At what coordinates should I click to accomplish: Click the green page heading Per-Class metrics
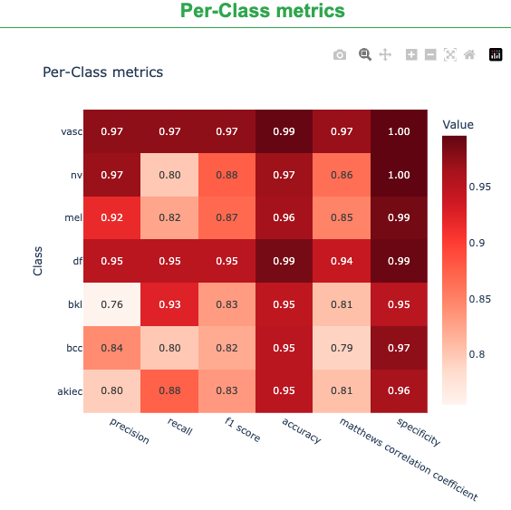click(x=262, y=12)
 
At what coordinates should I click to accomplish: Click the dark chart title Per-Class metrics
click(x=103, y=72)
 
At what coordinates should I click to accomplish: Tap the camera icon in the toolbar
click(x=340, y=54)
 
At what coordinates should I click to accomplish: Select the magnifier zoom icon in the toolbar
click(x=365, y=54)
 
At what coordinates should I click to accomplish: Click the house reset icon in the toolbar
click(x=469, y=54)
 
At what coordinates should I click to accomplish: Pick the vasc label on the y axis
click(x=72, y=131)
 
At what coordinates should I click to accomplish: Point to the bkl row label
click(x=74, y=304)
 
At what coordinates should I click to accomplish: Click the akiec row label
click(x=70, y=390)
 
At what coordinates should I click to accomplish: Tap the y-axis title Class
click(x=37, y=261)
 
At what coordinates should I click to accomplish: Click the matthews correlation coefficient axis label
click(x=407, y=458)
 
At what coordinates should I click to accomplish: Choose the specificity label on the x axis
click(x=418, y=433)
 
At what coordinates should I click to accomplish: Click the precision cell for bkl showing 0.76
click(x=112, y=304)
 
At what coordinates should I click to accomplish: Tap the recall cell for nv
click(x=169, y=175)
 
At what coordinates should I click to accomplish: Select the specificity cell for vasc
click(x=398, y=131)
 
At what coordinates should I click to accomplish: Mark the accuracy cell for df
click(x=284, y=261)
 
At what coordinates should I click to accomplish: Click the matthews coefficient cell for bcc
click(x=341, y=348)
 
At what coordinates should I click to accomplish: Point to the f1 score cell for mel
click(x=227, y=218)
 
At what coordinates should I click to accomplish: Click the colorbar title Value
click(x=458, y=124)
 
